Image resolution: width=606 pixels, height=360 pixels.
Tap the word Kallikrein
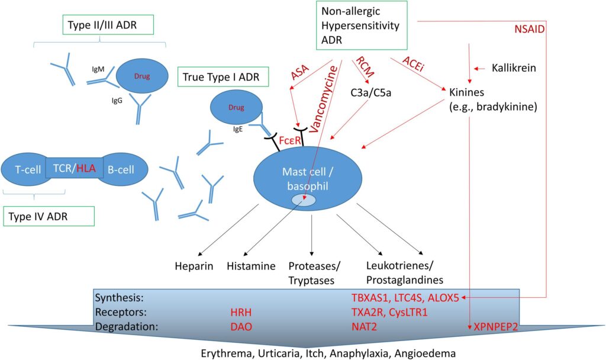pos(514,68)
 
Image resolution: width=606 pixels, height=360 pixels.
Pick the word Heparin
pos(194,267)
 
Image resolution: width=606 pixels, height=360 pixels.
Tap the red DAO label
pos(241,326)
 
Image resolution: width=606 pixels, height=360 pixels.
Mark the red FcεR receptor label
pos(290,140)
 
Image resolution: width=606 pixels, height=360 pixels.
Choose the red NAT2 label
pos(364,326)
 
